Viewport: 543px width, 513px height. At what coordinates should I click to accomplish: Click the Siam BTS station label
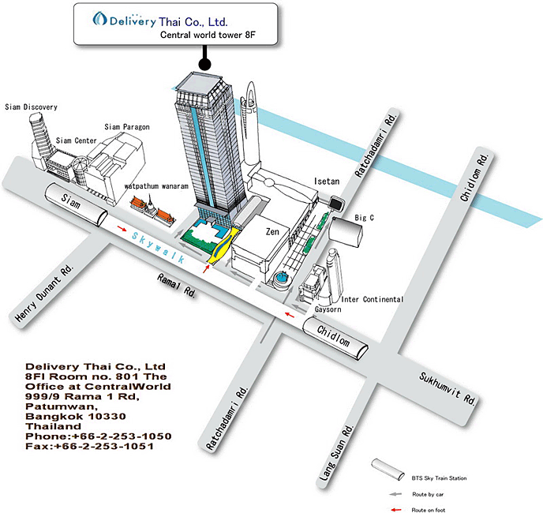point(71,201)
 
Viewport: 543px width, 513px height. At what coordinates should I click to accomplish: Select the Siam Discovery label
point(31,107)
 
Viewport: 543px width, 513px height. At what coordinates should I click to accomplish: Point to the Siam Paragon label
point(127,127)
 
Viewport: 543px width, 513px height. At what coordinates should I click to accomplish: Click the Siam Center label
point(77,140)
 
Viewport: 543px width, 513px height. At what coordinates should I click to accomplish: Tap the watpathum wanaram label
point(156,186)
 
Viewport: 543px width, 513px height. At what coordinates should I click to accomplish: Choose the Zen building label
point(272,231)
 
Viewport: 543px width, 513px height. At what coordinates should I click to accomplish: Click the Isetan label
point(327,182)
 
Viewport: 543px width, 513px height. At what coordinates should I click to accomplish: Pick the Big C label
point(364,218)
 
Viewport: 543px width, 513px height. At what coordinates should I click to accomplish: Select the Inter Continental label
point(373,299)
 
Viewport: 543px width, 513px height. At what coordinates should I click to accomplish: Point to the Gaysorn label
point(328,309)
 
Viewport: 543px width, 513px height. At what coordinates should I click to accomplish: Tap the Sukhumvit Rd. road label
point(448,388)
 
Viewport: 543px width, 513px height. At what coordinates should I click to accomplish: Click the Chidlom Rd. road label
point(474,177)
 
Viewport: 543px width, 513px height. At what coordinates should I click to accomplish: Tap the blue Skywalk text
point(159,248)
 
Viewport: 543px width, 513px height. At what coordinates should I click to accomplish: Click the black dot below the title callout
point(205,64)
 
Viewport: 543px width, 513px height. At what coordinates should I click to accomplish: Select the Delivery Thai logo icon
point(99,19)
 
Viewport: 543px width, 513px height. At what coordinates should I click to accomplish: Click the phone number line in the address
point(99,436)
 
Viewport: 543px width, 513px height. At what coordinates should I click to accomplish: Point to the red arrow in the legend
point(396,510)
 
